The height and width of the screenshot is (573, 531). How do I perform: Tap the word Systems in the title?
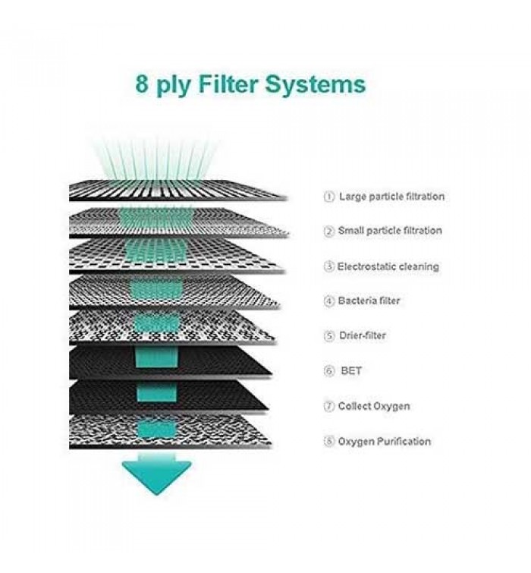click(x=316, y=83)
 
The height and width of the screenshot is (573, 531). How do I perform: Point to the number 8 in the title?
click(x=142, y=83)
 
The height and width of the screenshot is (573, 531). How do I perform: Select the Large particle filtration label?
click(x=391, y=197)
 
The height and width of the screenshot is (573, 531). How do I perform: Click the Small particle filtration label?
click(x=390, y=231)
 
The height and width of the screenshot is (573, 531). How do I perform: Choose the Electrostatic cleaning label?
click(x=388, y=266)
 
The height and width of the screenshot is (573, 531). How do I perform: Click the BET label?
click(x=350, y=371)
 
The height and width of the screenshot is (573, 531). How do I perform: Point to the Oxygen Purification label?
click(x=384, y=441)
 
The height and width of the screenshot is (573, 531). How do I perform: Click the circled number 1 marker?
click(x=329, y=197)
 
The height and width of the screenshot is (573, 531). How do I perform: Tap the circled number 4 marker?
click(x=329, y=301)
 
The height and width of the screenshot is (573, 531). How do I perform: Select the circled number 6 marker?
click(x=329, y=371)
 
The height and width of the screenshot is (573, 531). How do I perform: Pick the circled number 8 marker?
click(x=329, y=442)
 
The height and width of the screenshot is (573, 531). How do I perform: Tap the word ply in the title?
click(x=174, y=85)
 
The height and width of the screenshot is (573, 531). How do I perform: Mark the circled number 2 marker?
click(x=329, y=231)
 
